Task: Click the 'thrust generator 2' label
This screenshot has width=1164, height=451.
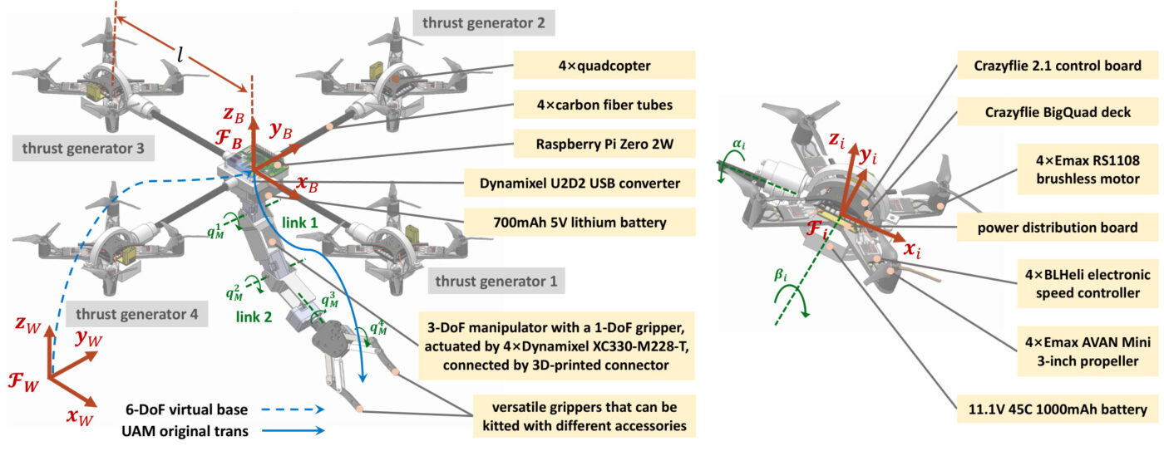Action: (x=484, y=22)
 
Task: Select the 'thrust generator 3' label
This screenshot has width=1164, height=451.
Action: (x=83, y=149)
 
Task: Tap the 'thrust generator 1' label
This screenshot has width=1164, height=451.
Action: (x=496, y=282)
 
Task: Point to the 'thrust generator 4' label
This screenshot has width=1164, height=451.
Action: (x=137, y=314)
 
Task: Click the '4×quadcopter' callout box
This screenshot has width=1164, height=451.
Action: (x=604, y=66)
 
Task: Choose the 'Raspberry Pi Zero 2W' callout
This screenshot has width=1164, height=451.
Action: (x=604, y=144)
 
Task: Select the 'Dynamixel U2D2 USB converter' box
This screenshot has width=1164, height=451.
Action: (x=580, y=184)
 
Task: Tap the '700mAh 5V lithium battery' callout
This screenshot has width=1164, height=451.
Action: (x=580, y=223)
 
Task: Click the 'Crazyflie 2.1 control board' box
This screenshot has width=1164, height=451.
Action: (x=1058, y=66)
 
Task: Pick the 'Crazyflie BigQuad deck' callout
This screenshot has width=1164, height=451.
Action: (x=1058, y=112)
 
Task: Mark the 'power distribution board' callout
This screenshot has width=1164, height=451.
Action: (x=1058, y=228)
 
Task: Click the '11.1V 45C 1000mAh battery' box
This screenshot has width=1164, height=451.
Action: (x=1058, y=409)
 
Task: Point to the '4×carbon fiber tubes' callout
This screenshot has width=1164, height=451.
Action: (x=604, y=105)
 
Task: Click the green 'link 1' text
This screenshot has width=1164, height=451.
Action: (x=300, y=223)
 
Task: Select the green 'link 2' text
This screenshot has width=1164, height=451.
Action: (x=254, y=316)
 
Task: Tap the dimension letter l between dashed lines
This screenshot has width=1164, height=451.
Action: (x=180, y=55)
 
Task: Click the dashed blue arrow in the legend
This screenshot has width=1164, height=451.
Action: (x=293, y=409)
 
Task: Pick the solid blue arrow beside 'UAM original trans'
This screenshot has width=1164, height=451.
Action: (x=293, y=430)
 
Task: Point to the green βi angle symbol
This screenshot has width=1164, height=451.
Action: (x=781, y=275)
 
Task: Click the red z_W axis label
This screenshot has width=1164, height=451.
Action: (x=27, y=324)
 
